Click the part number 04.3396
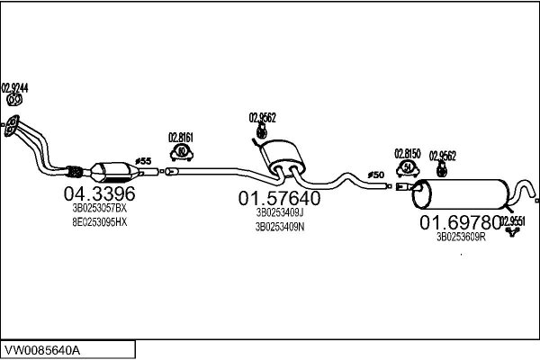[99, 193]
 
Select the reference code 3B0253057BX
[99, 208]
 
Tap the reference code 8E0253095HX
[99, 221]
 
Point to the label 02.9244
[14, 87]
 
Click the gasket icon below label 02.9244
[14, 101]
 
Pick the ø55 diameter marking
[144, 160]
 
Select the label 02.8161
[181, 138]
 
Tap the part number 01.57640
[279, 198]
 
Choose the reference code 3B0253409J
[279, 213]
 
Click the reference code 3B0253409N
[279, 227]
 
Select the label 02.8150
[408, 154]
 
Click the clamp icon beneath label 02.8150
[408, 167]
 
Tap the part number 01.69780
[459, 221]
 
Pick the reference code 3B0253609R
[460, 237]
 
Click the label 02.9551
[512, 220]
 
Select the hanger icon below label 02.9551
[514, 233]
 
